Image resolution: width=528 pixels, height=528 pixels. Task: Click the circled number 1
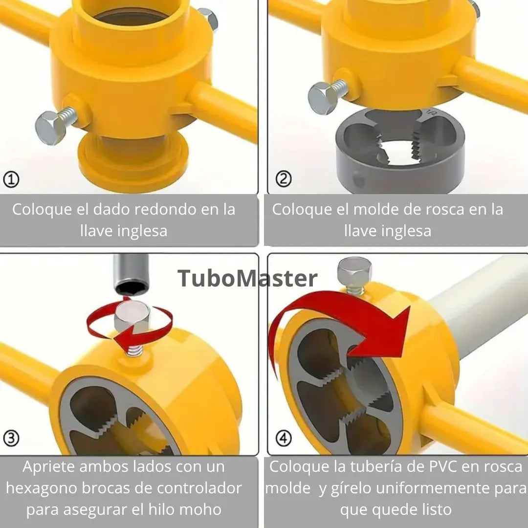(11, 179)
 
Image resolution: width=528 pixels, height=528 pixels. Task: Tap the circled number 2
(284, 179)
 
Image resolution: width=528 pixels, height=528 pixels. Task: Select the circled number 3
(11, 438)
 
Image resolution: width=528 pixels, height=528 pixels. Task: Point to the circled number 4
(284, 438)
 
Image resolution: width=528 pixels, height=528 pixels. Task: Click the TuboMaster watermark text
(247, 279)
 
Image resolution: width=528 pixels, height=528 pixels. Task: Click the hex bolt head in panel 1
(50, 128)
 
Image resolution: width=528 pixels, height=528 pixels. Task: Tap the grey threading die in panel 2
(400, 151)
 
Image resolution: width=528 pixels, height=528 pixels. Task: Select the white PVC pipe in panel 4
(478, 307)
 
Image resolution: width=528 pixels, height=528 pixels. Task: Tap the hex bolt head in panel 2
(322, 98)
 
